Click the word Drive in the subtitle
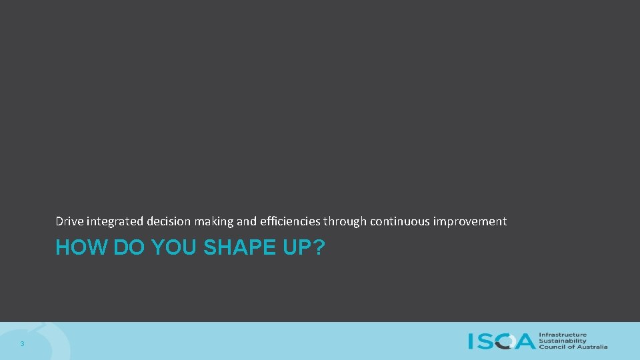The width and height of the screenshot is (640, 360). click(69, 221)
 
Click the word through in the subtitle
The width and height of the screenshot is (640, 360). click(345, 221)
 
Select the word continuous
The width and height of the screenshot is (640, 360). click(400, 221)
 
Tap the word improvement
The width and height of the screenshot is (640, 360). click(470, 221)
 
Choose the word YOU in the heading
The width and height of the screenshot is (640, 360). click(175, 248)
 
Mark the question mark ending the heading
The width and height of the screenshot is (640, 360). click(319, 248)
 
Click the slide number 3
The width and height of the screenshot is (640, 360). click(22, 344)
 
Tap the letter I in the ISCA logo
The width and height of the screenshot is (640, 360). click(471, 341)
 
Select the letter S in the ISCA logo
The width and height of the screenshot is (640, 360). click(485, 341)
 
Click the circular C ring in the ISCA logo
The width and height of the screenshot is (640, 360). click(506, 341)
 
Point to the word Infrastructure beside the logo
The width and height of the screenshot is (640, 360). click(563, 335)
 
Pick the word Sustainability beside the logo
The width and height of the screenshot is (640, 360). click(563, 341)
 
